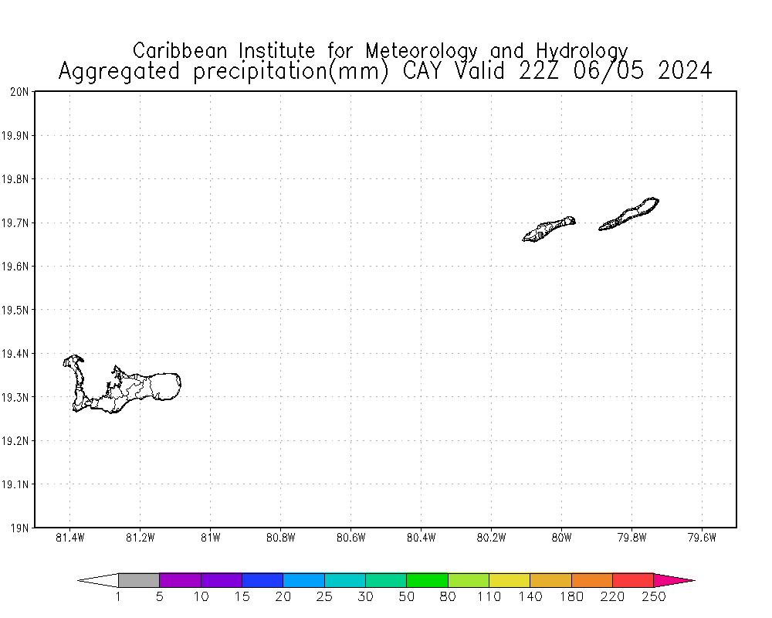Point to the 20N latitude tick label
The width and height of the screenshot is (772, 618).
tap(19, 92)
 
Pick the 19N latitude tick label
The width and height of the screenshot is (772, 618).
tap(19, 528)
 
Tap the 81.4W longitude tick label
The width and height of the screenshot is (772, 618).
tap(70, 538)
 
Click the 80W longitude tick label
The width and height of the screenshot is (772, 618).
tap(561, 538)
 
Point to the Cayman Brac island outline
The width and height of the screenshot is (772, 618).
tap(629, 215)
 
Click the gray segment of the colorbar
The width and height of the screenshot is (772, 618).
tap(139, 580)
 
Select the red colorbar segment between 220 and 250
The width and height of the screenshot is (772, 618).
tap(633, 580)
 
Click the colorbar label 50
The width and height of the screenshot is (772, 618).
tap(407, 596)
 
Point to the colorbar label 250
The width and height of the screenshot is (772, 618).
tap(654, 596)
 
